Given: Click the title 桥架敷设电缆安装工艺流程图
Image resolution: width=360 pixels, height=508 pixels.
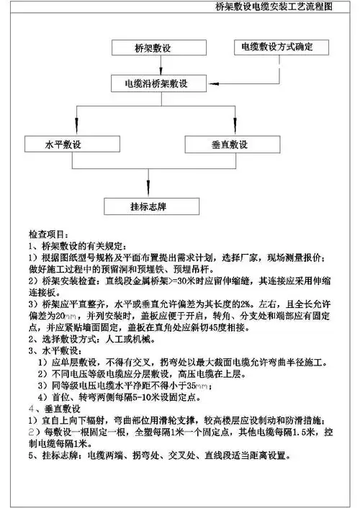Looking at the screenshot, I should pos(295,9).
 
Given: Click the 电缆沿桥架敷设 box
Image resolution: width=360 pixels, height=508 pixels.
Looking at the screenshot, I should pos(154,84).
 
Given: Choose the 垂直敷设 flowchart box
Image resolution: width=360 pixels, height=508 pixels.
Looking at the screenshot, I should pos(229,145).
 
